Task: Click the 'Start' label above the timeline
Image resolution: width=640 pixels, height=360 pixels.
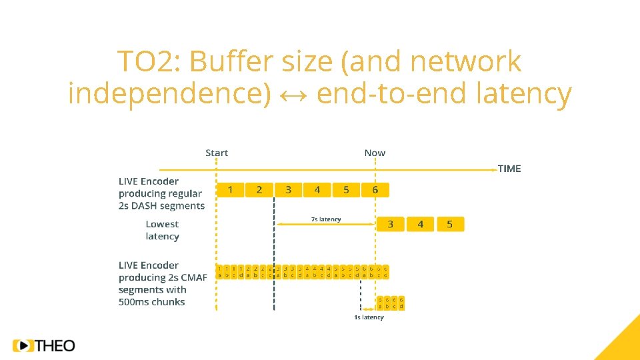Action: pos(217,153)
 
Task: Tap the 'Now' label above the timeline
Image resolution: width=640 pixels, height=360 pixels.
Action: pos(375,153)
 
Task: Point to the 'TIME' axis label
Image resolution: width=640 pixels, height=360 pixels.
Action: pos(509,169)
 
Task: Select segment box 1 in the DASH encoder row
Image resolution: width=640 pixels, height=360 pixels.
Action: pos(230,190)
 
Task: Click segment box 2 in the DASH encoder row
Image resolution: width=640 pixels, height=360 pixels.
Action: pos(259,190)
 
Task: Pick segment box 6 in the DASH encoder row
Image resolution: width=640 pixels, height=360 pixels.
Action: pos(375,190)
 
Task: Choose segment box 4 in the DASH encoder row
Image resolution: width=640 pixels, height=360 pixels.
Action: pos(317,190)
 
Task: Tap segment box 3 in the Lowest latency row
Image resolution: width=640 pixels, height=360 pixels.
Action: pos(391,224)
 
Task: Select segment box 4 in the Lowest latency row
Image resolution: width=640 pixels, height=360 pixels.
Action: pos(420,224)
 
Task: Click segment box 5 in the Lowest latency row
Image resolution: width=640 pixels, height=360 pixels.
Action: pos(449,224)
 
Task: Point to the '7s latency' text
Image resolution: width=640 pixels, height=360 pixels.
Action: pos(326,219)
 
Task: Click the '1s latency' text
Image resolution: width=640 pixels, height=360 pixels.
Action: pos(369,317)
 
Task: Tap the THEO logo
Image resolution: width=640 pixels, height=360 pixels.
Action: pos(44,345)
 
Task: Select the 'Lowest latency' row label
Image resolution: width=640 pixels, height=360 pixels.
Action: pos(162,230)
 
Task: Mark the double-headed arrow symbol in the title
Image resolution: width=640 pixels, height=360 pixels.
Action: pos(294,95)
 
